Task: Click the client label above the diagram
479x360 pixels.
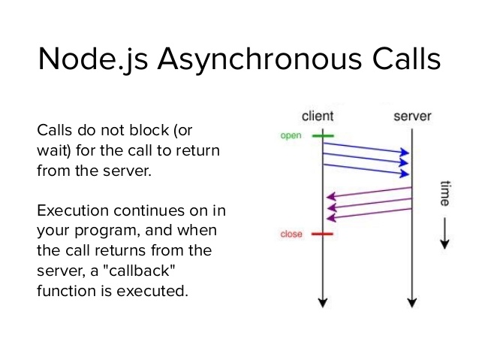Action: point(317,116)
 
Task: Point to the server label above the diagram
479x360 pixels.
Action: point(412,116)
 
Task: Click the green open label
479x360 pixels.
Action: point(291,136)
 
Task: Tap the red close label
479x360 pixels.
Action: point(291,234)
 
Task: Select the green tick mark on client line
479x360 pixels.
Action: point(323,136)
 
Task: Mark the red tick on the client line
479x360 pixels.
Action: point(323,234)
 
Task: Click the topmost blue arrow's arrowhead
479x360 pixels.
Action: point(406,152)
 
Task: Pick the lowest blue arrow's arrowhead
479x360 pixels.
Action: point(406,173)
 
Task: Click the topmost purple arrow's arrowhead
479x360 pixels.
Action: point(330,198)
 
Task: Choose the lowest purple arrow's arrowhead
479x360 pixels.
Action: point(330,219)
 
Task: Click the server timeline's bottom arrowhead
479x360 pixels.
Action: point(412,302)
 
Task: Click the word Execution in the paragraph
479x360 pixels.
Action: point(69,209)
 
